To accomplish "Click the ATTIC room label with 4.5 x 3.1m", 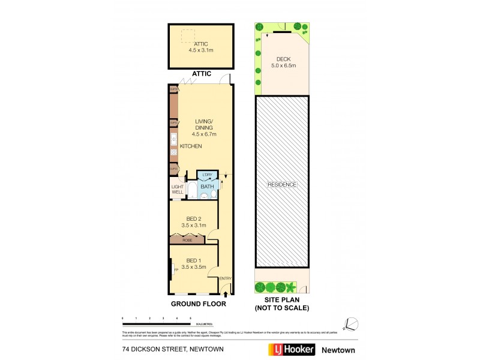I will click(x=201, y=47).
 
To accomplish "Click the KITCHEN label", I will click(x=190, y=146).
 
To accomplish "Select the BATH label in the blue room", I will click(x=207, y=187).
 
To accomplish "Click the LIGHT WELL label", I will click(x=178, y=189).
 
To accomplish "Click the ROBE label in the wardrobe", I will click(x=187, y=239).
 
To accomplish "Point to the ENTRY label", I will click(x=226, y=278).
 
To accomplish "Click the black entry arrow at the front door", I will click(x=226, y=293).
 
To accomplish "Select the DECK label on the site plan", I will click(x=283, y=62).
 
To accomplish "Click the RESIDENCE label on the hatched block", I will click(x=283, y=185).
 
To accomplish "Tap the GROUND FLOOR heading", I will click(x=199, y=304).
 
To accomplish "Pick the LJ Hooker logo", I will click(x=290, y=350).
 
